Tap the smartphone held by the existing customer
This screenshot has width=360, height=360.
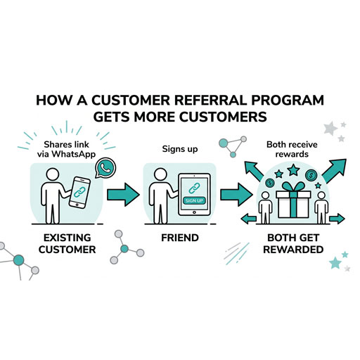coord(82,191)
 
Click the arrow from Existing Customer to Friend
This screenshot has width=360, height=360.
coord(124,194)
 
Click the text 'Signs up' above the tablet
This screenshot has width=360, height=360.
coord(180,149)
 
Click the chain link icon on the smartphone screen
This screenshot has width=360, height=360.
coord(82,191)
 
